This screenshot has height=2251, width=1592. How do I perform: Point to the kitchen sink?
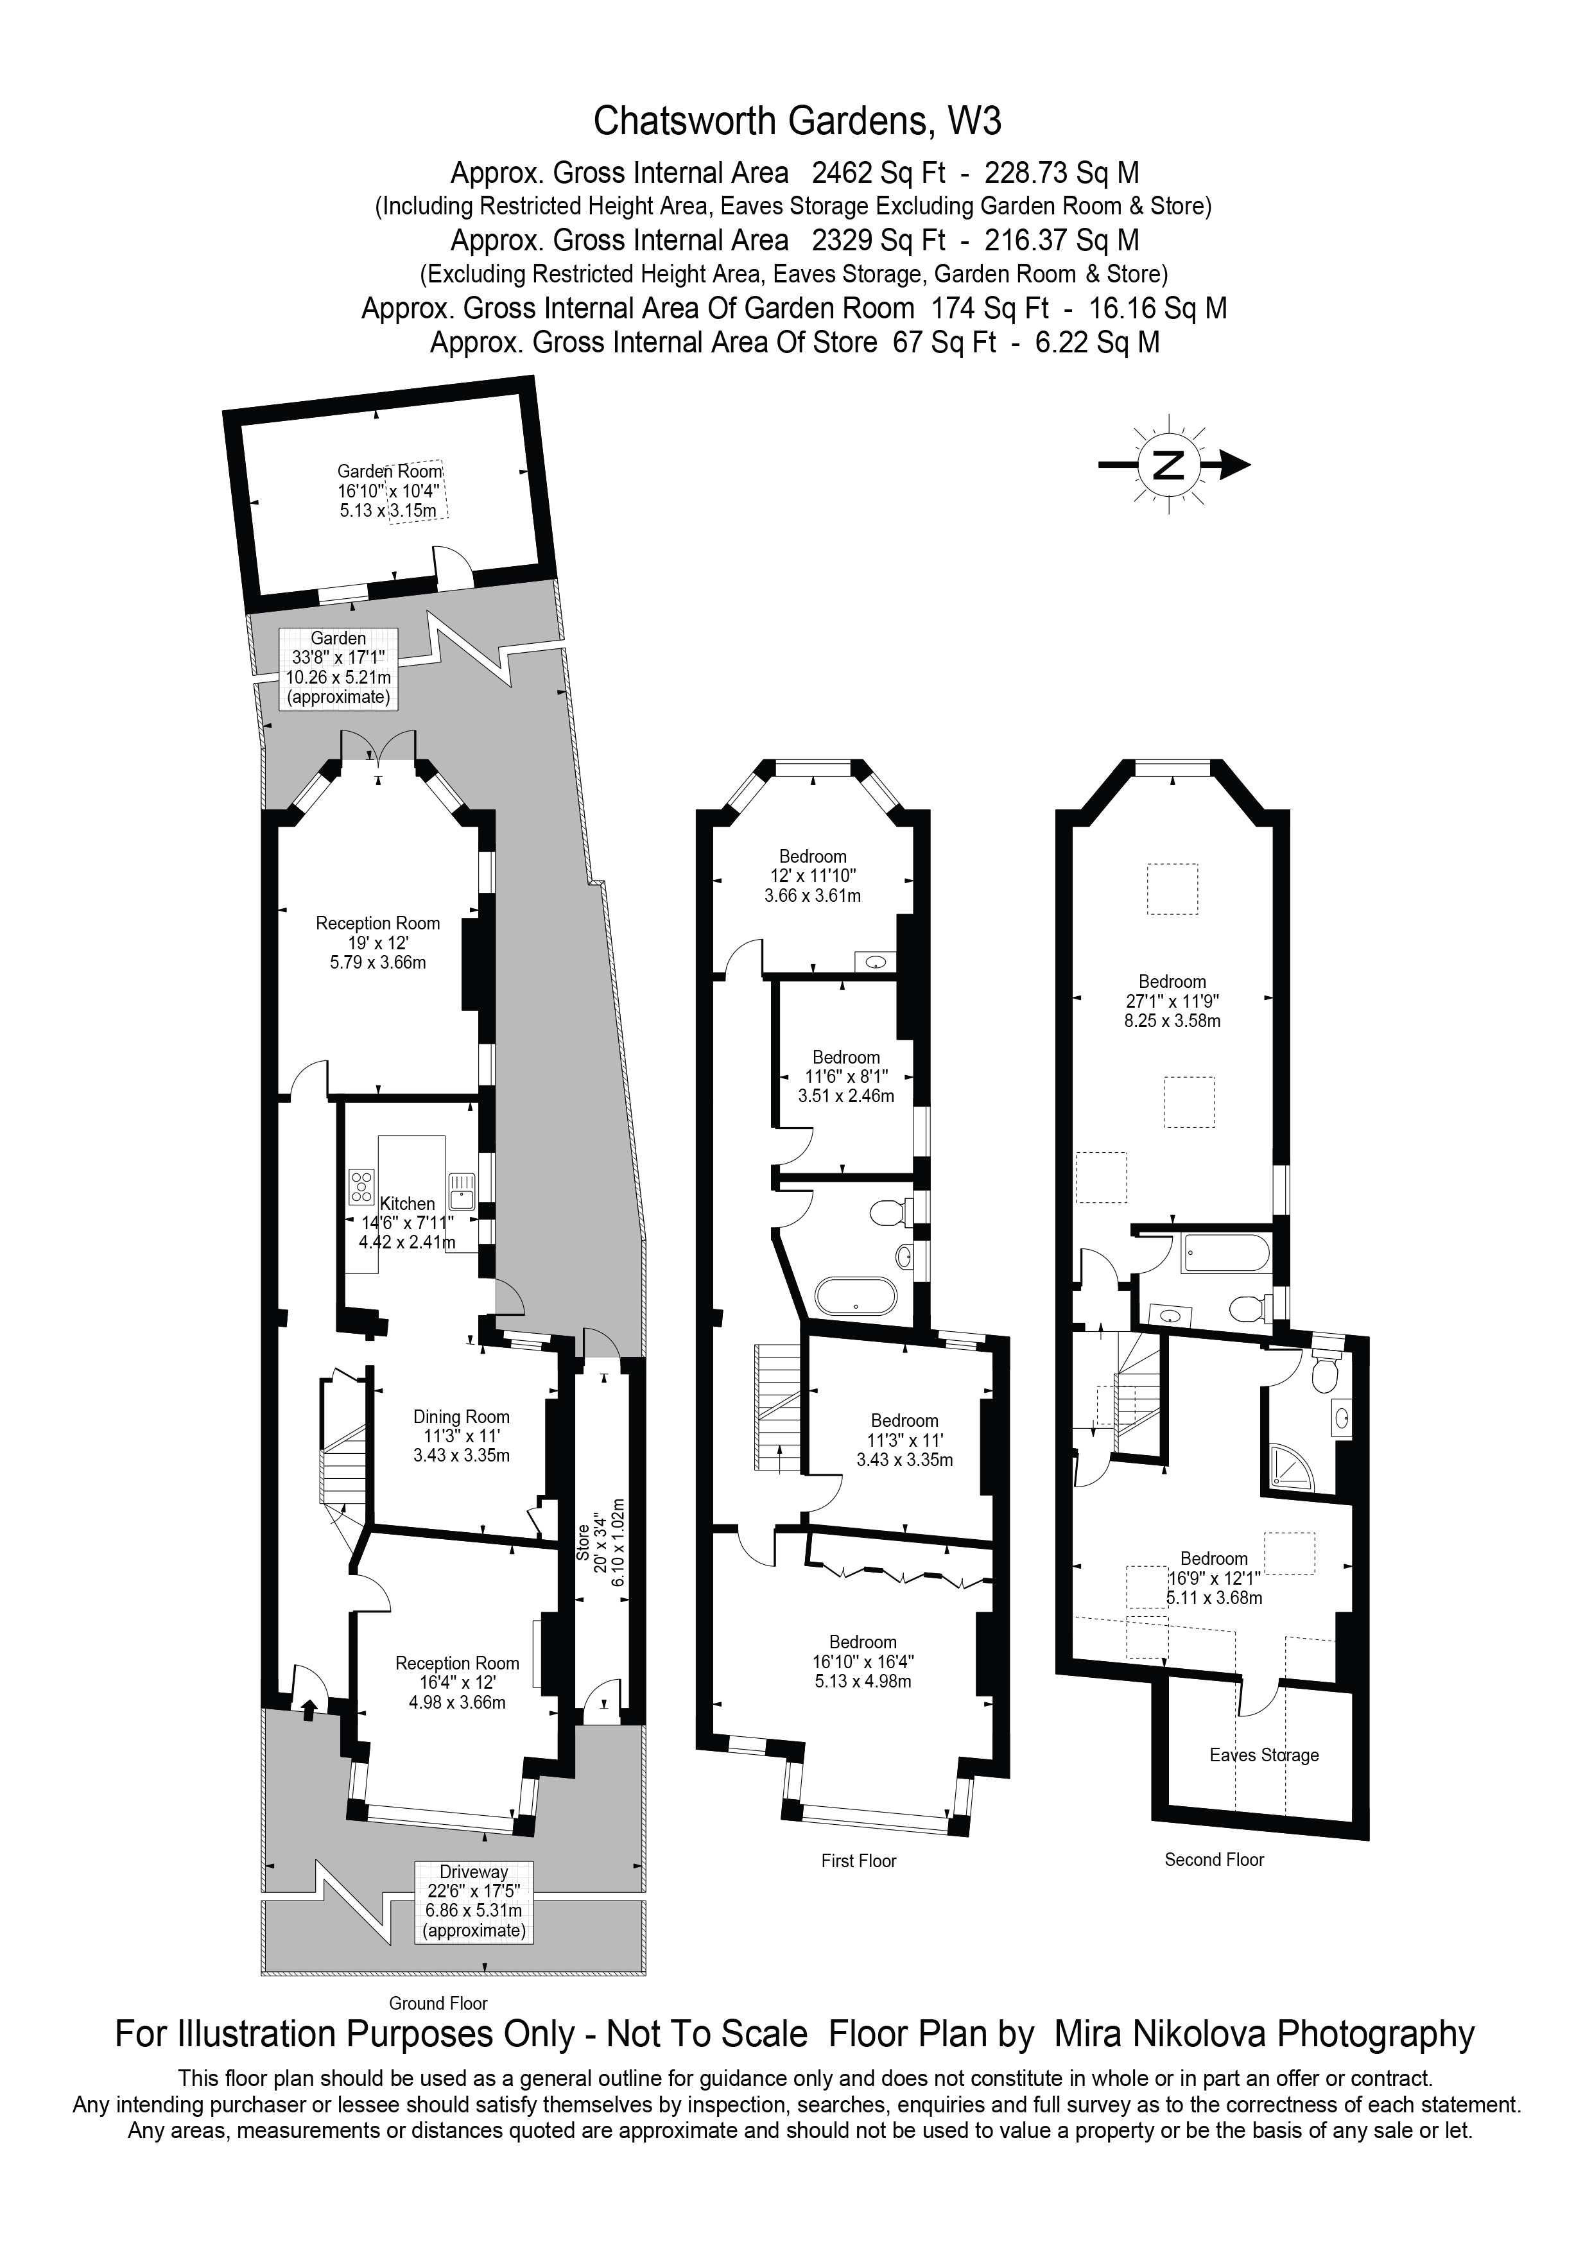462,1189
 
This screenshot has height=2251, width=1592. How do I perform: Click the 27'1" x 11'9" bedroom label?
1172,1001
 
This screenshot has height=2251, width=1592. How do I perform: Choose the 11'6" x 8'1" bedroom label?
846,1076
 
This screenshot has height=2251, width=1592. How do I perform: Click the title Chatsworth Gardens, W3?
798,121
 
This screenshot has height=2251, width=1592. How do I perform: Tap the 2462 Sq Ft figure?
878,173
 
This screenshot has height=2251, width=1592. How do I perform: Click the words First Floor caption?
859,1861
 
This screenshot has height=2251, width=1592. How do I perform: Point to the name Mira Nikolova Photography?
1263,2034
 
